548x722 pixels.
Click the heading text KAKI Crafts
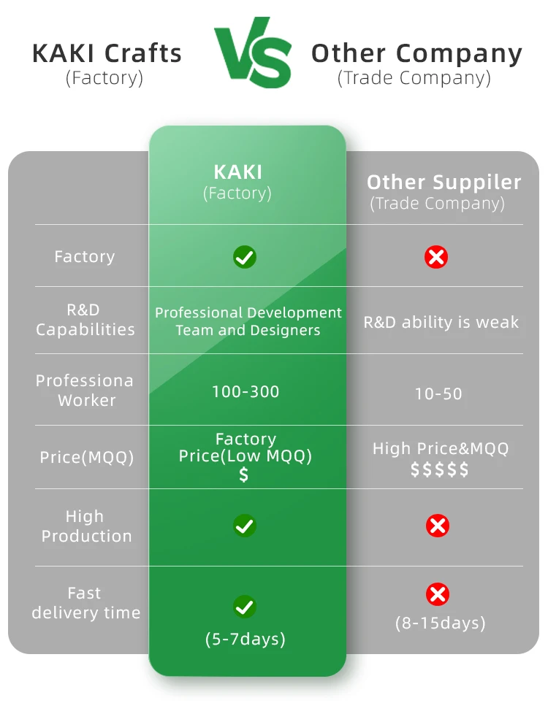click(107, 53)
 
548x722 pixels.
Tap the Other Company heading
click(416, 53)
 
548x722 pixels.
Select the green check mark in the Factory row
click(244, 257)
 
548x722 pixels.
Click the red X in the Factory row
click(437, 257)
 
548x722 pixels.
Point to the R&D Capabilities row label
click(85, 320)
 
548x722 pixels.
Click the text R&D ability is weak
click(441, 323)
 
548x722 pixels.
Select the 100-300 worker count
click(246, 392)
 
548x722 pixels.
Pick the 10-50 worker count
click(438, 394)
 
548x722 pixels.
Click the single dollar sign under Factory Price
click(244, 475)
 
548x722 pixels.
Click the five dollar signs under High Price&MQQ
click(439, 470)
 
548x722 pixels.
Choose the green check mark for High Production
click(244, 526)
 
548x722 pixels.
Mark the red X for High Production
click(438, 526)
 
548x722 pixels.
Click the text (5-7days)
click(246, 640)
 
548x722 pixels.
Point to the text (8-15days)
click(440, 623)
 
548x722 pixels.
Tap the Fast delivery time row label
click(85, 603)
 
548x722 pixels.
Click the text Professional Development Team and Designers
click(248, 321)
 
